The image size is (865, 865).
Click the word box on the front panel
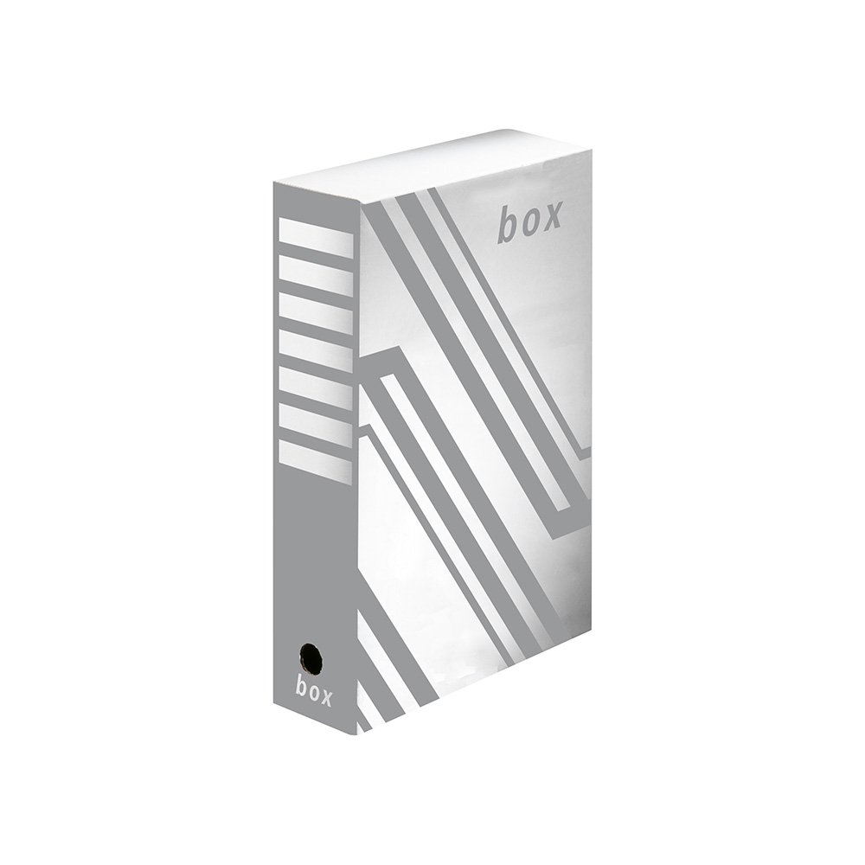click(x=529, y=221)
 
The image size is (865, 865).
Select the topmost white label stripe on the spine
click(x=316, y=237)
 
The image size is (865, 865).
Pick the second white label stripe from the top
click(x=316, y=274)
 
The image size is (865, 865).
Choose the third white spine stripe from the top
click(x=316, y=311)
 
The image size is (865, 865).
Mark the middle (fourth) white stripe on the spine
click(x=316, y=348)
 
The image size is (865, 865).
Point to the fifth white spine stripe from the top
click(x=316, y=385)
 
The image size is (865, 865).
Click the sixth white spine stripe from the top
click(x=316, y=422)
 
